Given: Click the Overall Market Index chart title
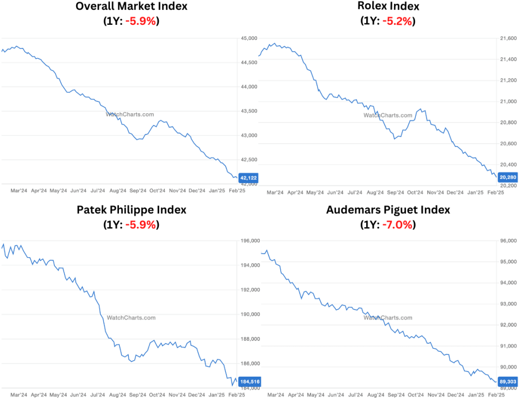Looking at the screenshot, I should (x=131, y=6).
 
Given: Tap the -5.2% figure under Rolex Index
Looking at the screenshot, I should (x=396, y=21).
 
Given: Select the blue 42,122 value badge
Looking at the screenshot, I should (x=248, y=178).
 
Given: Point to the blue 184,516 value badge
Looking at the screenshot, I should (x=249, y=382).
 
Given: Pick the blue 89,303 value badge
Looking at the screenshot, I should (x=506, y=382).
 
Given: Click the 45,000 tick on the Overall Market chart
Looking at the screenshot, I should (x=249, y=38).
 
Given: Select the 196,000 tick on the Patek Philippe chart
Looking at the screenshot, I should (x=250, y=241).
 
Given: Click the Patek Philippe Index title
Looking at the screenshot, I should (x=131, y=210).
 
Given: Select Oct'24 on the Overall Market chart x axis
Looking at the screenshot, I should (x=157, y=191).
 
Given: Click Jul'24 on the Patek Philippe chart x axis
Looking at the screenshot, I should (x=98, y=395).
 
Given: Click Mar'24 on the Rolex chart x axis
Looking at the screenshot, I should (x=275, y=192).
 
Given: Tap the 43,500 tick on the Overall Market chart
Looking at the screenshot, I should (x=249, y=111).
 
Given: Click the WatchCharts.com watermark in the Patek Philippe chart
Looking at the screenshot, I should (x=131, y=317).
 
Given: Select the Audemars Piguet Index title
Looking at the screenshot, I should (x=388, y=210).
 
